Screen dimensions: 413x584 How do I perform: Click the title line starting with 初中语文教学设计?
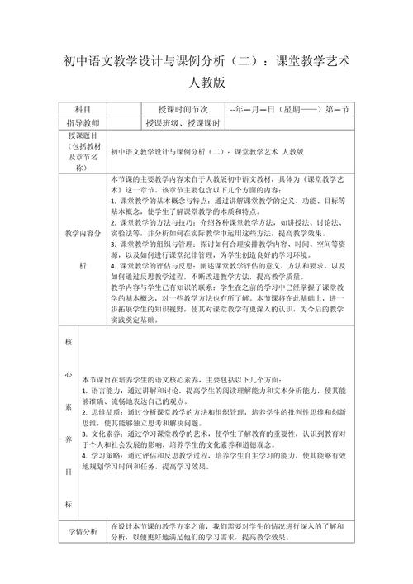tap(206, 62)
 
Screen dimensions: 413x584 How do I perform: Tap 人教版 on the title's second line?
tap(206, 83)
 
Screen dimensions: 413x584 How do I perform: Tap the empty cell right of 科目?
tap(123, 109)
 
